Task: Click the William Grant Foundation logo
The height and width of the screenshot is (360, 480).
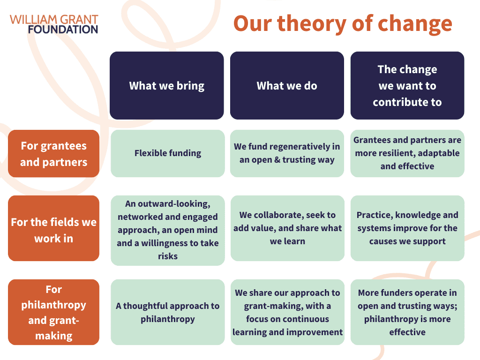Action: tap(54, 24)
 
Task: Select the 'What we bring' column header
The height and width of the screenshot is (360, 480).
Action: tap(167, 85)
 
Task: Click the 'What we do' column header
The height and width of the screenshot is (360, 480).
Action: tap(287, 85)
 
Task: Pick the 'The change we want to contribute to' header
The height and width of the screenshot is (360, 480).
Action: tap(407, 85)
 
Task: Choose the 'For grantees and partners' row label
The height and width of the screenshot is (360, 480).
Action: tap(53, 154)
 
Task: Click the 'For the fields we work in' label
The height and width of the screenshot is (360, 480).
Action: tap(53, 228)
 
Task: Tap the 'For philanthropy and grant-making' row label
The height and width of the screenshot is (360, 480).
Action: tap(53, 312)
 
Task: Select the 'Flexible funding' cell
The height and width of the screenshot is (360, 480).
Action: tap(168, 153)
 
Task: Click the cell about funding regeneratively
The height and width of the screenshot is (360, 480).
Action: tap(287, 153)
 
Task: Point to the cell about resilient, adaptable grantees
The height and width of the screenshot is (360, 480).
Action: tap(407, 153)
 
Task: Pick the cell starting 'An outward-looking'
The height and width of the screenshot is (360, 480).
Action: tap(168, 231)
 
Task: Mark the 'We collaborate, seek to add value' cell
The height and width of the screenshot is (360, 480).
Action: tap(287, 228)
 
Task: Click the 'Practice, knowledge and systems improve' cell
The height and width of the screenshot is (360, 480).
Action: tap(407, 228)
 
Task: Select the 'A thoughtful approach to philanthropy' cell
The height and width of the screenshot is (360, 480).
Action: tap(168, 312)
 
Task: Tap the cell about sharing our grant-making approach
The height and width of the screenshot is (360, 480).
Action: tap(287, 312)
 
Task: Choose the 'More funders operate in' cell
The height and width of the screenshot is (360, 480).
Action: tap(407, 312)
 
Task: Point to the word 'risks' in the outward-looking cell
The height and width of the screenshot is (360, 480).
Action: tap(168, 256)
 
